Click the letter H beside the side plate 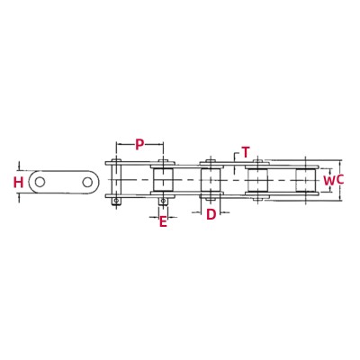point(18,183)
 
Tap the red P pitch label point(139,144)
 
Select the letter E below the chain point(163,220)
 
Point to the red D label point(211,214)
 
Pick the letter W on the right point(329,181)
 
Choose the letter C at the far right point(340,181)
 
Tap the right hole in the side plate point(88,183)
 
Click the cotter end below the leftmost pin point(115,203)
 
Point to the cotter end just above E point(163,203)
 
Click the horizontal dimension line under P point(139,153)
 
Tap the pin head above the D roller point(210,162)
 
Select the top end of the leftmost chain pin point(115,162)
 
